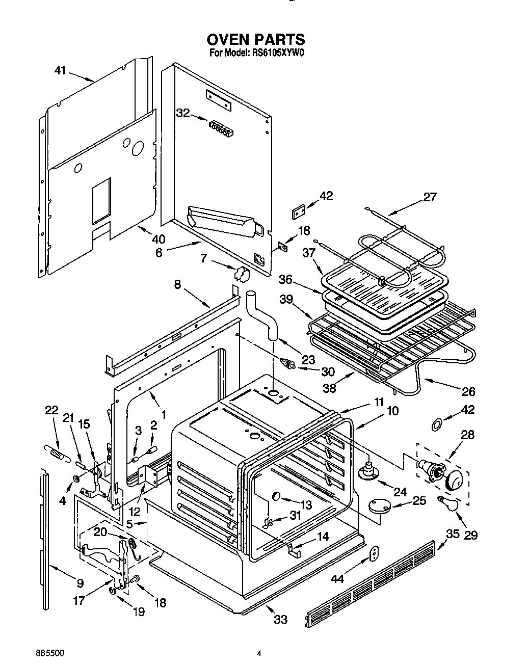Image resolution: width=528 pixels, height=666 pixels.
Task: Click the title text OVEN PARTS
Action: pyautogui.click(x=255, y=39)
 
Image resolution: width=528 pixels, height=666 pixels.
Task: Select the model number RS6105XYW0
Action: pyautogui.click(x=278, y=52)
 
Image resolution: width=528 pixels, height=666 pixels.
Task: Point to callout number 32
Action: pyautogui.click(x=183, y=113)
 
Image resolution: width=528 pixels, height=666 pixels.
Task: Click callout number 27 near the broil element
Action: pyautogui.click(x=430, y=197)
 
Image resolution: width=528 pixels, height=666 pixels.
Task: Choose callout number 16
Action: pyautogui.click(x=304, y=231)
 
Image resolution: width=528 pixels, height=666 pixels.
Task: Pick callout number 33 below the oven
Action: pyautogui.click(x=280, y=619)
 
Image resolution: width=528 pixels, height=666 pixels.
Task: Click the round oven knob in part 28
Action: pyautogui.click(x=456, y=479)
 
